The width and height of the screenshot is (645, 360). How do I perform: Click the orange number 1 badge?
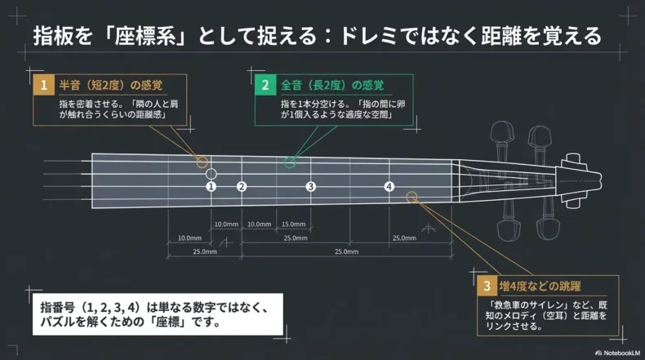(43, 84)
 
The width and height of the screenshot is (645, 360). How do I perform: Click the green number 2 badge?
(265, 84)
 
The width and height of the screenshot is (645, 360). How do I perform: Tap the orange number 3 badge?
(487, 286)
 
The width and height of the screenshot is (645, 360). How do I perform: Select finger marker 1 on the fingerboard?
(211, 186)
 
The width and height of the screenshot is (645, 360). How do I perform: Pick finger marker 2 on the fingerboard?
(242, 186)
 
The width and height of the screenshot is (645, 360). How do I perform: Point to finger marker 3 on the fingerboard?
(310, 186)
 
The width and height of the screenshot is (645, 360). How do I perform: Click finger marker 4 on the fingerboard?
(389, 186)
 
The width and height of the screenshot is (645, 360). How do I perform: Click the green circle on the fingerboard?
(289, 162)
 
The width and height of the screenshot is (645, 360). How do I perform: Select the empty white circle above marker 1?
(211, 173)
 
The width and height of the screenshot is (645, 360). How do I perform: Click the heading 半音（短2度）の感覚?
(109, 84)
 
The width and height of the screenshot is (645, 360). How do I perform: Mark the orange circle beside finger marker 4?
(411, 196)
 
